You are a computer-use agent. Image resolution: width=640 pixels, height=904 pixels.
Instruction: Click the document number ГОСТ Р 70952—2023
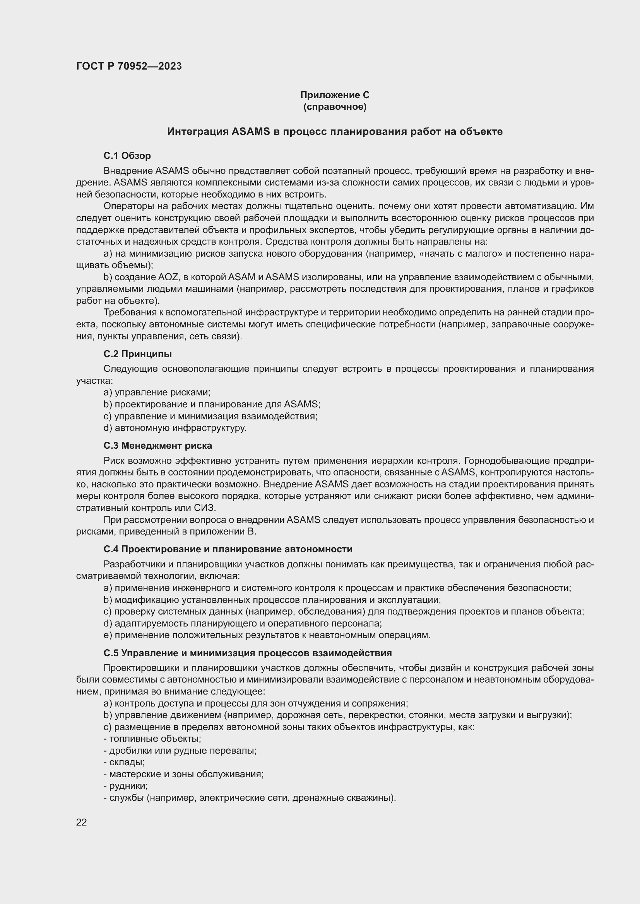[129, 66]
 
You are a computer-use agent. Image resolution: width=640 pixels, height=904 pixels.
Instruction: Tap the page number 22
[81, 822]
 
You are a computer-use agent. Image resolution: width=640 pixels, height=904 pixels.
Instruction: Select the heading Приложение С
[335, 95]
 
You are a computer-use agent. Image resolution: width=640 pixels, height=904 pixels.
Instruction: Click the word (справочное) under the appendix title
[335, 107]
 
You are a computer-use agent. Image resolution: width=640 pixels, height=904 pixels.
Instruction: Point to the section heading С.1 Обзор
[127, 156]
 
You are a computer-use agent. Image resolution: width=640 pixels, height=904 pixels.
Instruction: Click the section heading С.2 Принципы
[137, 354]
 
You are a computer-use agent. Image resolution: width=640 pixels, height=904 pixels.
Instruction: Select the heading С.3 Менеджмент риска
[157, 446]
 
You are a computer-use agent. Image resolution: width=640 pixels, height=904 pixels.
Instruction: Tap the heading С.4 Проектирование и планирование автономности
[228, 549]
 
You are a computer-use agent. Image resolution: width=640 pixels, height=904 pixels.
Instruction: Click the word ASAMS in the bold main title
[250, 132]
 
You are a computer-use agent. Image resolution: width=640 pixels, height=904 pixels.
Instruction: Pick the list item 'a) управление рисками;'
[157, 393]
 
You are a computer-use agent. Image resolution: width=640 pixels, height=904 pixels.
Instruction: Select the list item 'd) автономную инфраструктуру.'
[175, 428]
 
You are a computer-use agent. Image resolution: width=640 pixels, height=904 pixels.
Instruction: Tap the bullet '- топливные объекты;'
[152, 739]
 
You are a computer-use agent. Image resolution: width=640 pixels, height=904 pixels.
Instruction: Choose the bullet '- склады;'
[124, 762]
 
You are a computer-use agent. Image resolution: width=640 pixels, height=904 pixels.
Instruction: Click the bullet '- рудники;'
[125, 786]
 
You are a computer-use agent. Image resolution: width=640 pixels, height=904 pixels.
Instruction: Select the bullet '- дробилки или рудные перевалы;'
[180, 751]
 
